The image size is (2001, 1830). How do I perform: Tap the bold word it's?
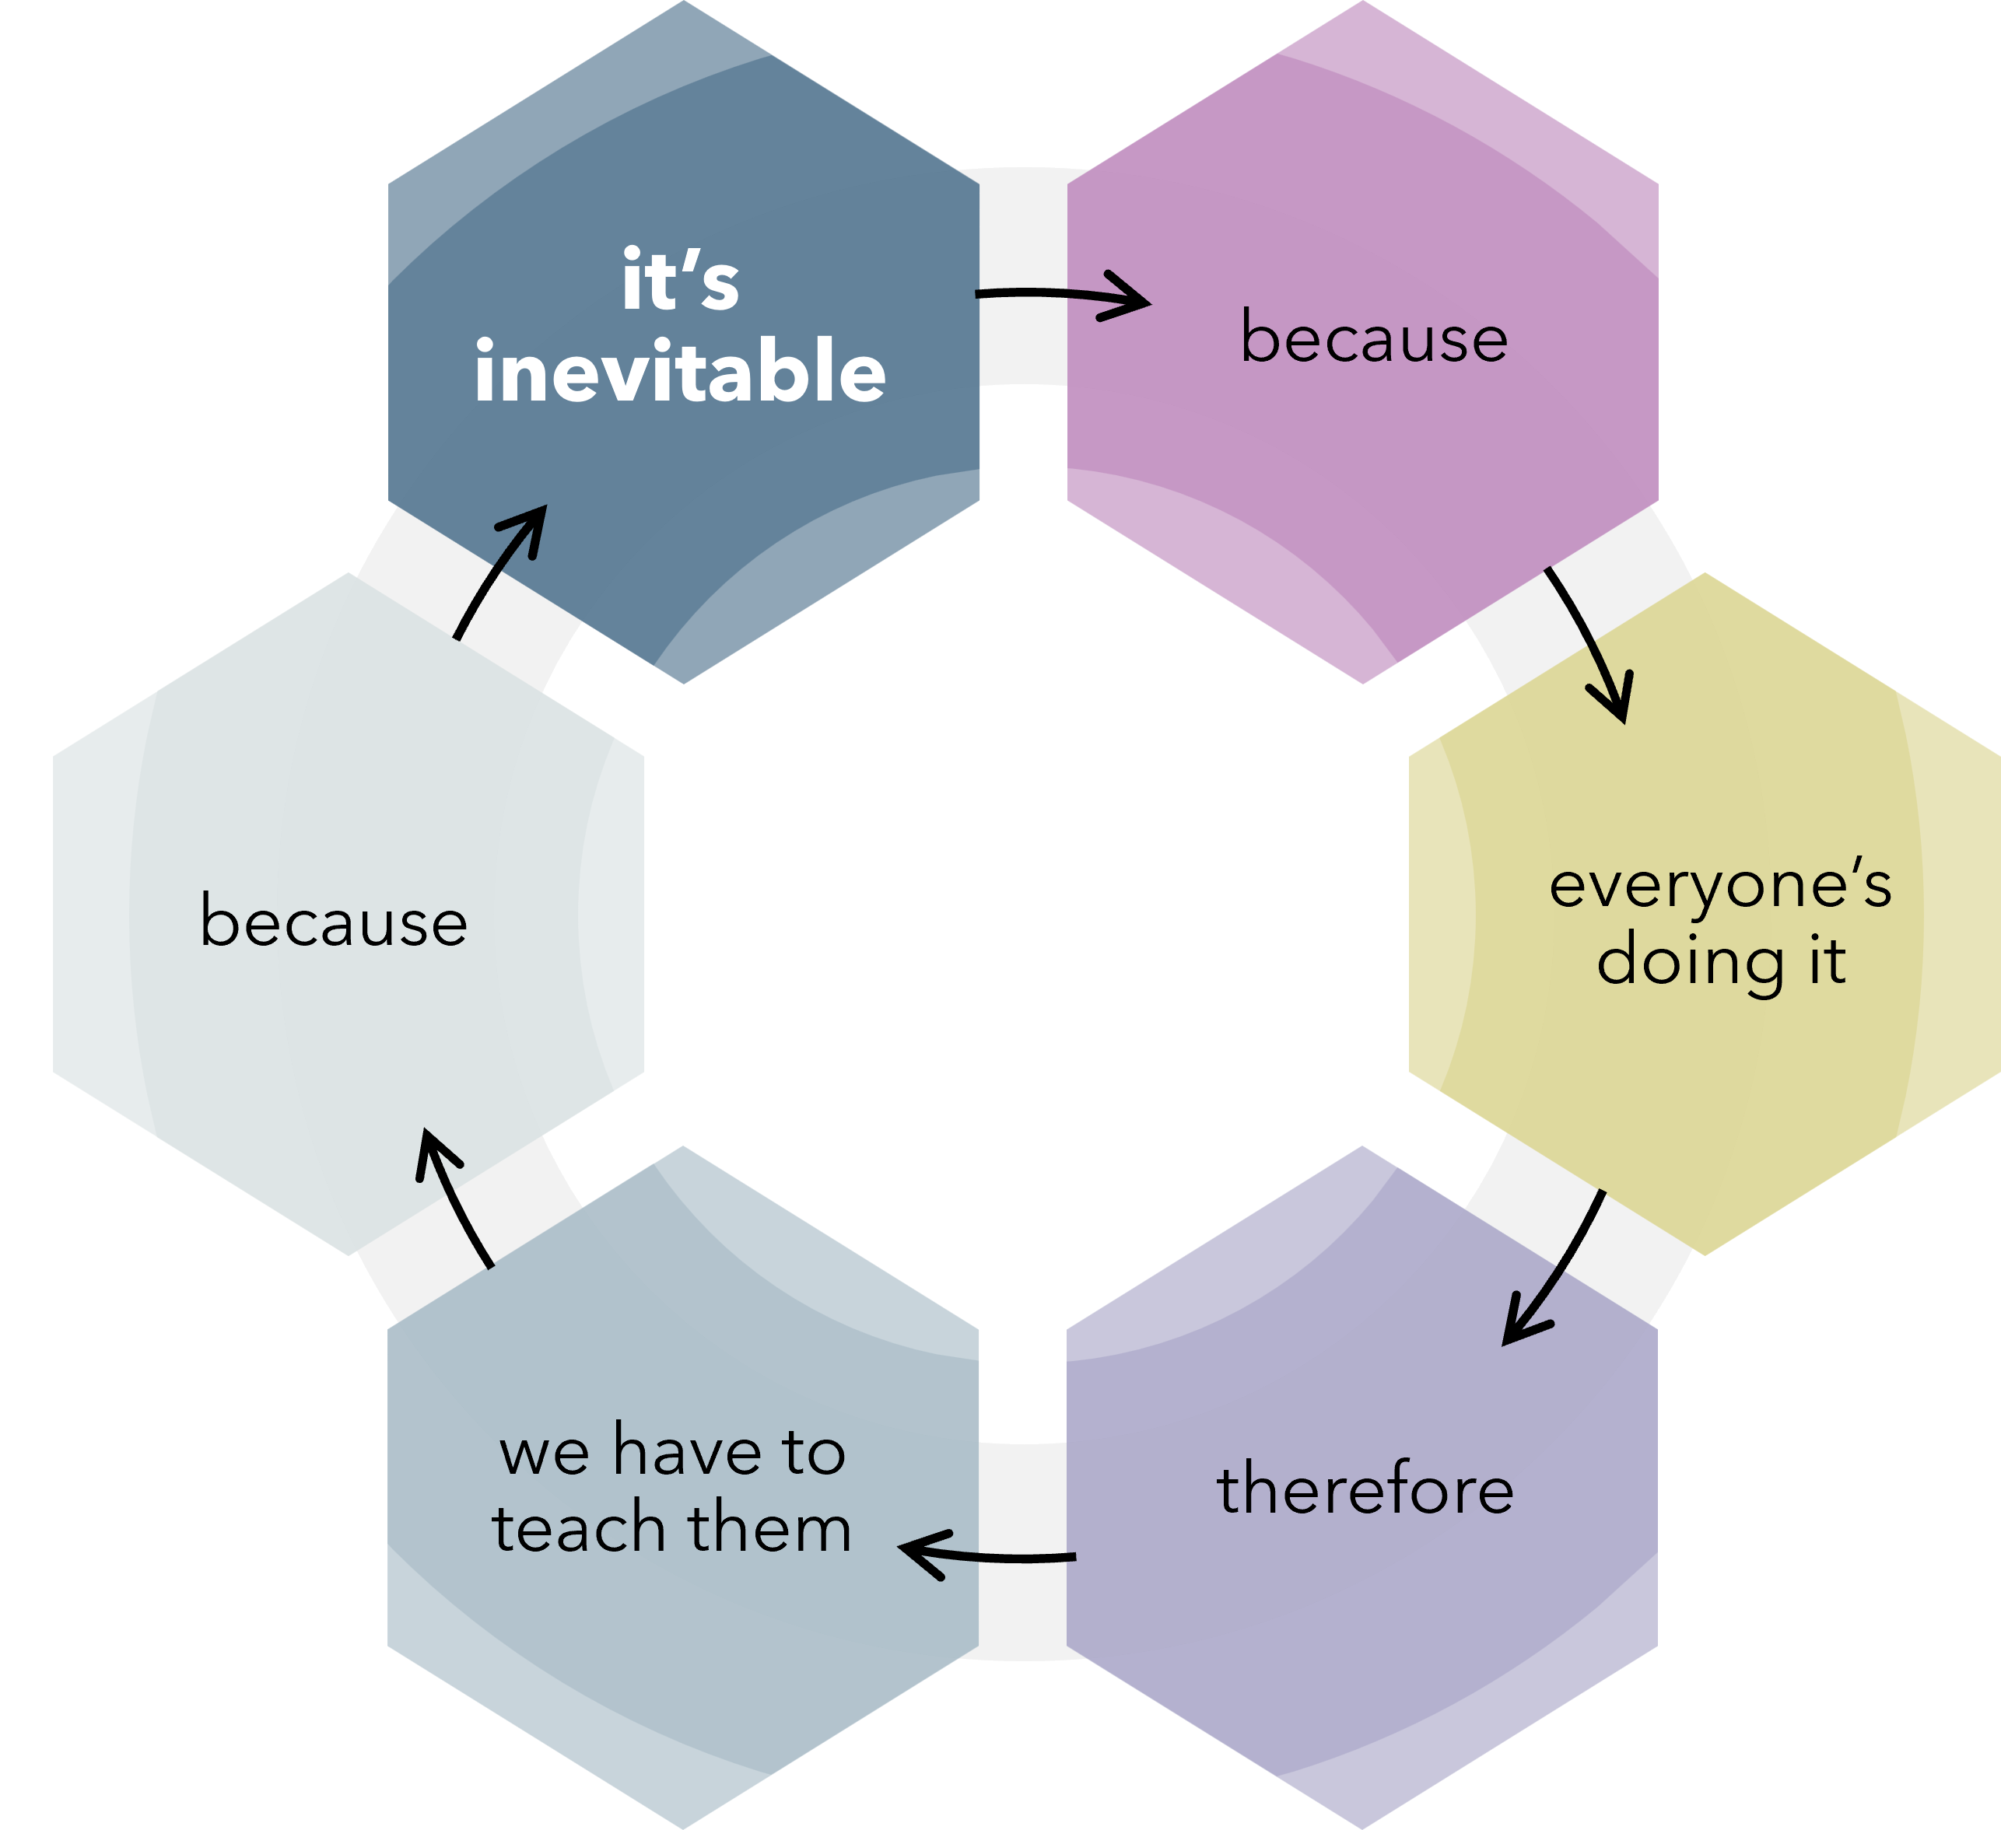pos(681,281)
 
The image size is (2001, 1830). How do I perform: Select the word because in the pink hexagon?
pos(1374,338)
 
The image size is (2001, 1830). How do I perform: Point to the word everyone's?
pos(1720,886)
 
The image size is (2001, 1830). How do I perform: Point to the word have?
pos(687,1451)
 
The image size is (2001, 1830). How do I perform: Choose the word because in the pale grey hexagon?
pos(334,922)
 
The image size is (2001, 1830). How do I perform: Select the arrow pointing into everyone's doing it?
pos(1591,645)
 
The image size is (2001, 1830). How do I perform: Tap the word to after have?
pos(813,1452)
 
